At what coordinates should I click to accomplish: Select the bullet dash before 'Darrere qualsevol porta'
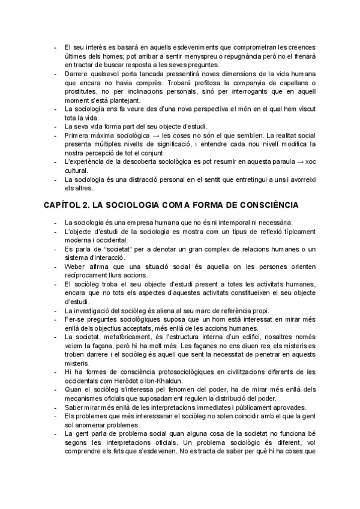56,74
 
